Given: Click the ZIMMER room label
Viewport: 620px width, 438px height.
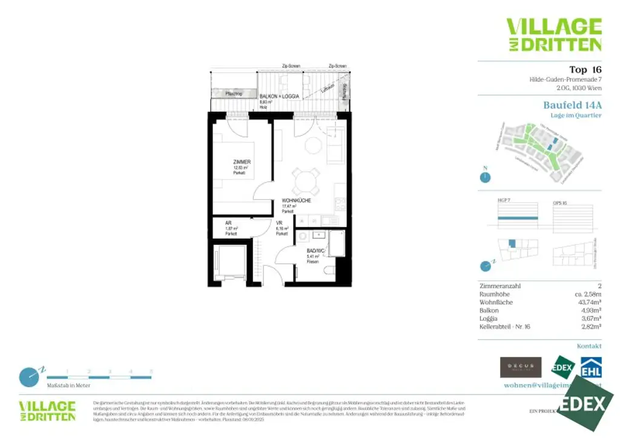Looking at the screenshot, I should pyautogui.click(x=242, y=162).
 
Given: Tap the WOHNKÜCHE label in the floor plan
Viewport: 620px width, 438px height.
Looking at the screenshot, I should pyautogui.click(x=296, y=201).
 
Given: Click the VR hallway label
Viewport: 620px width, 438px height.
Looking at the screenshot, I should pyautogui.click(x=280, y=223).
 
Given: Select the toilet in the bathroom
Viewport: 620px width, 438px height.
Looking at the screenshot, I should pyautogui.click(x=329, y=272).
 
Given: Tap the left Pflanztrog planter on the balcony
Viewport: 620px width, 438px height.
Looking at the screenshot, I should pyautogui.click(x=233, y=94).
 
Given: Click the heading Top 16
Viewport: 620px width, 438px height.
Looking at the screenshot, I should pyautogui.click(x=585, y=69).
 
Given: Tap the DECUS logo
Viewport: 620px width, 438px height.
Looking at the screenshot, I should pyautogui.click(x=520, y=367).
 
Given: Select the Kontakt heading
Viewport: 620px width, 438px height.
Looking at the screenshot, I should pyautogui.click(x=589, y=346).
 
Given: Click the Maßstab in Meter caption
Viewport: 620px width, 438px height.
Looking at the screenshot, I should pyautogui.click(x=68, y=385).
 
